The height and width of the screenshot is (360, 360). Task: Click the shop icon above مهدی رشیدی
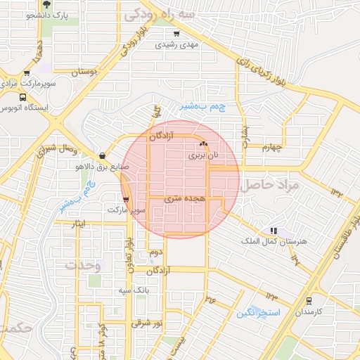(x=176, y=32)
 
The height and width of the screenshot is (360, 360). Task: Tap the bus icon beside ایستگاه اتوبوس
(x=23, y=98)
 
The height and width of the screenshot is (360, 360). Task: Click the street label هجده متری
(x=184, y=199)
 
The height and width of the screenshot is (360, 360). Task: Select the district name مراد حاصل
(x=269, y=185)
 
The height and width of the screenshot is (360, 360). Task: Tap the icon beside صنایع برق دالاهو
(x=103, y=155)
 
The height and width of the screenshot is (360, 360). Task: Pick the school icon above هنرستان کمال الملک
(x=274, y=230)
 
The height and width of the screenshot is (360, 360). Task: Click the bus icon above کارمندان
(x=308, y=300)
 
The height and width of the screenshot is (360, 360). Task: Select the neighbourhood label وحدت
(x=83, y=266)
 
